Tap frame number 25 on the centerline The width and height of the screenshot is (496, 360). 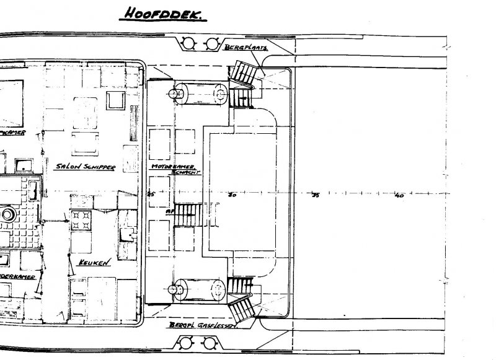[150, 194]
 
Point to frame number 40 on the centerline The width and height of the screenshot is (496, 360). [399, 196]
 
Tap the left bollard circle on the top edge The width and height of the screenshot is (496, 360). [187, 43]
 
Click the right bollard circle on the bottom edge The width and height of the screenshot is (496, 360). [211, 342]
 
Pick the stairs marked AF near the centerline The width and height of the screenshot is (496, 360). [186, 217]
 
